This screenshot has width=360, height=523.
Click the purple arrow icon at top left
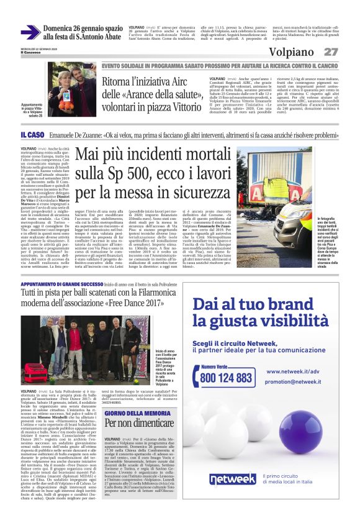point(29,32)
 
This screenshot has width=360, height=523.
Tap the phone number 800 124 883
point(227,378)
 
